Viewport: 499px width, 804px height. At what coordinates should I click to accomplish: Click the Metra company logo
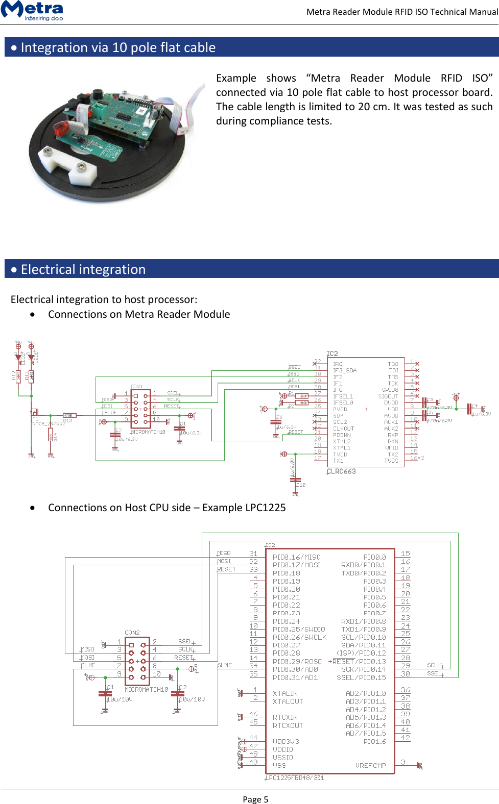32,10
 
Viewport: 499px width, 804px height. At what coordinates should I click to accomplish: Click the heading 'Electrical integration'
83,269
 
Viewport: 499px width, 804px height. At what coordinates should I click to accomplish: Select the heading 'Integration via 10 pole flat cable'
118,47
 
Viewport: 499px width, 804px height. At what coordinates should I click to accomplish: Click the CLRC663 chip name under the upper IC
341,471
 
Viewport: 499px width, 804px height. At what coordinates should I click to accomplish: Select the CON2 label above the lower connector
132,633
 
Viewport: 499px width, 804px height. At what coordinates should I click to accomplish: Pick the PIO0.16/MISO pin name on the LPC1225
296,557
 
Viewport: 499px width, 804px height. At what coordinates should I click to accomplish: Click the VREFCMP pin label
370,765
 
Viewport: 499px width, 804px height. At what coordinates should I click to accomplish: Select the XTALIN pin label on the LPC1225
285,693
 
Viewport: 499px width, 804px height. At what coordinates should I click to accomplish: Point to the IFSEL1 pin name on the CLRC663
343,396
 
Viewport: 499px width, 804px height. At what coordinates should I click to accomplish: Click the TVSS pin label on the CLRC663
391,461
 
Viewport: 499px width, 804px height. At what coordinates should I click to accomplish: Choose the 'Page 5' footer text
255,799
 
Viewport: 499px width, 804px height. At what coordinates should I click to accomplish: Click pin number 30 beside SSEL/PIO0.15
406,674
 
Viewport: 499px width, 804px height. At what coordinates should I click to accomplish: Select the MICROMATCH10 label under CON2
146,689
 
